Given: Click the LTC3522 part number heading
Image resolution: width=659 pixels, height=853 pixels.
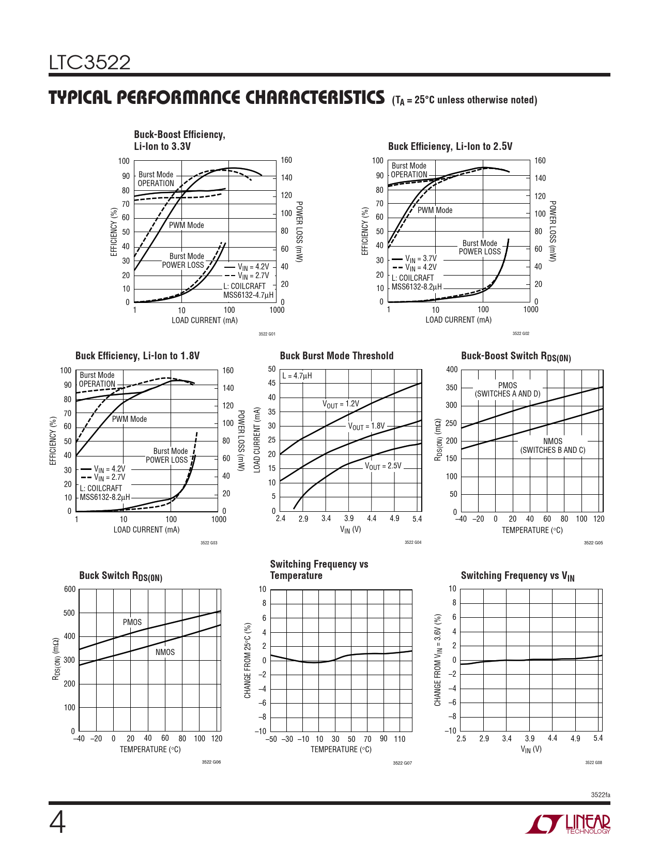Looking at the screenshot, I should (90, 63).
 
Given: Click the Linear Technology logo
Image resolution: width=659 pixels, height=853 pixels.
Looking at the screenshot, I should (568, 824).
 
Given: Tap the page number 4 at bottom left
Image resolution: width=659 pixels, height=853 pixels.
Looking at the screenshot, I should (57, 823).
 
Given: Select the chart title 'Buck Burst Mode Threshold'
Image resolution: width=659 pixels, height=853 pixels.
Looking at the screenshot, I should (336, 356).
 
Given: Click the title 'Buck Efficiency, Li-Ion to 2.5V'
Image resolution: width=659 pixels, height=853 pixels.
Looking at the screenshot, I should (450, 146).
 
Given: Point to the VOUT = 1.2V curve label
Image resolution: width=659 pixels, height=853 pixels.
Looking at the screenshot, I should (341, 404).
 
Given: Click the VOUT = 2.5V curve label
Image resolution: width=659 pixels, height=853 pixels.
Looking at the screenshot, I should (383, 466).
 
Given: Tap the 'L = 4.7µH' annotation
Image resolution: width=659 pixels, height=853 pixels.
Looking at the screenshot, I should (297, 376).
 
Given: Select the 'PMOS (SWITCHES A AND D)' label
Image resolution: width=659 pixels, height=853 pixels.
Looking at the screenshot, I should (508, 389).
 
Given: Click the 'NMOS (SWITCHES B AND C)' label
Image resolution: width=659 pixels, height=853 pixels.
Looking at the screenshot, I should (553, 446).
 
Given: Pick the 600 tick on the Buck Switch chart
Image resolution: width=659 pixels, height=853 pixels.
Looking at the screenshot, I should (70, 589).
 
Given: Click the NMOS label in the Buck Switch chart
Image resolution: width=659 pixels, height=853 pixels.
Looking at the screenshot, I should (165, 652).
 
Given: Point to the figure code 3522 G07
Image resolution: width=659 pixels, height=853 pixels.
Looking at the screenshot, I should (402, 763).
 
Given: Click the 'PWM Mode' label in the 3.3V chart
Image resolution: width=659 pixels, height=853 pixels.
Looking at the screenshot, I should (186, 225).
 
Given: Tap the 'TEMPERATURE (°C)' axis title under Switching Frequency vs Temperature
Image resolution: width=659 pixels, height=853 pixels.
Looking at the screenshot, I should (341, 750).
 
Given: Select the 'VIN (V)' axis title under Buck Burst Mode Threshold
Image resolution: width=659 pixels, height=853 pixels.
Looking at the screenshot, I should (350, 529).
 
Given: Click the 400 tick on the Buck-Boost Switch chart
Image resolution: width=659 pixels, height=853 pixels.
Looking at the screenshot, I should (452, 370).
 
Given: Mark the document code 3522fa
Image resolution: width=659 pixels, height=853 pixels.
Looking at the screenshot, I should (600, 795).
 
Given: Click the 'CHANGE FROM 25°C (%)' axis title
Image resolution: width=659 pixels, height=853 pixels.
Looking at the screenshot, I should (248, 660).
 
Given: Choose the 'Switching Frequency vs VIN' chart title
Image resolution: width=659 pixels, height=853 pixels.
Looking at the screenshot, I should (517, 576).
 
